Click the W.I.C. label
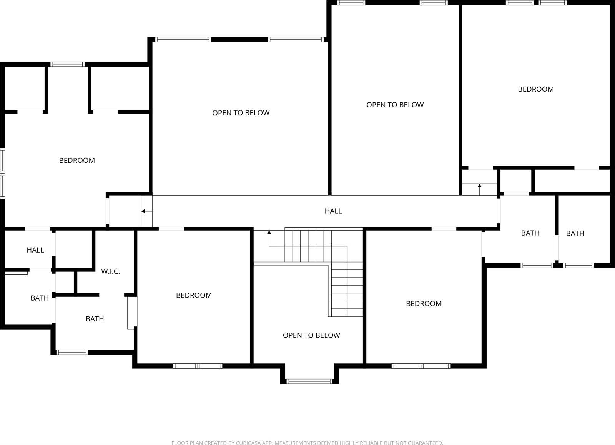click(110, 271)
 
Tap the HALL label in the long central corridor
click(333, 211)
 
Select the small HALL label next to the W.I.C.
click(35, 250)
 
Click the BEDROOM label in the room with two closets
click(77, 161)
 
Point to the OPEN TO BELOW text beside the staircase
click(311, 335)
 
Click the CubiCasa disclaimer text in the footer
click(307, 443)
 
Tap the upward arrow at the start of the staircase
click(269, 233)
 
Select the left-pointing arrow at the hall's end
click(143, 211)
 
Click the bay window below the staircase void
click(309, 381)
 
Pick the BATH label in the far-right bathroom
click(575, 233)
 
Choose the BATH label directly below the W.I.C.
click(95, 319)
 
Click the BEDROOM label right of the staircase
click(424, 304)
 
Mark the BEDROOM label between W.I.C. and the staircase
click(194, 295)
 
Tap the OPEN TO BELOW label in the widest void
click(241, 113)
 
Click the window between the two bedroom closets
click(68, 64)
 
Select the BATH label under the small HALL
click(40, 298)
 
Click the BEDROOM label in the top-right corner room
click(535, 89)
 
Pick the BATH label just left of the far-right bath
click(530, 233)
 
